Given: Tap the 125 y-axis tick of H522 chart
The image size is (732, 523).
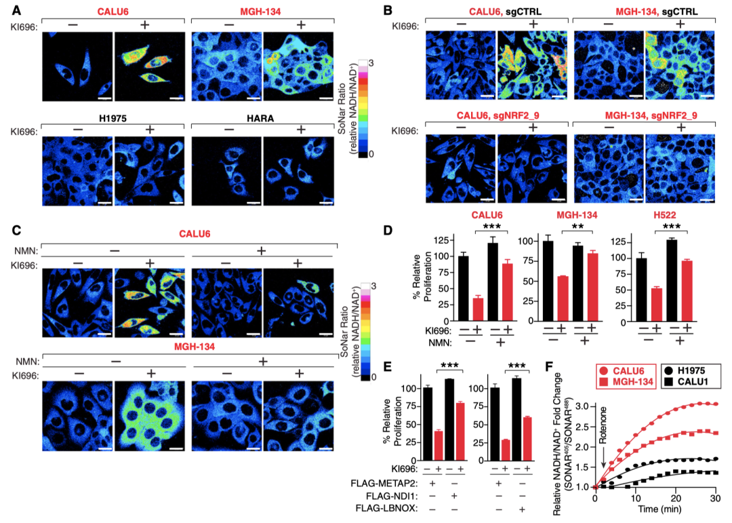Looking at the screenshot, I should click(x=616, y=241).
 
